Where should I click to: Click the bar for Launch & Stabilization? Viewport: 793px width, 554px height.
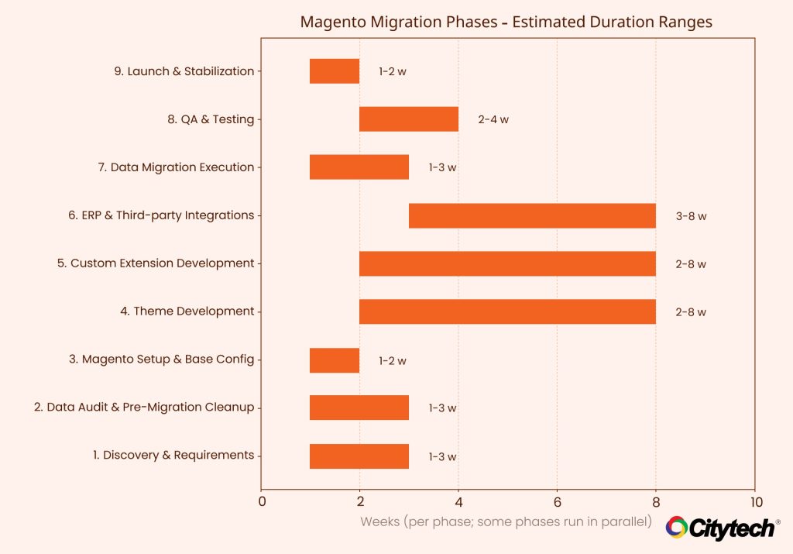[x=335, y=71]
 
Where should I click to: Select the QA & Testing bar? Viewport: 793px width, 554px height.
[x=409, y=119]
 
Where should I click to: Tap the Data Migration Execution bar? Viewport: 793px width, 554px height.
[x=359, y=167]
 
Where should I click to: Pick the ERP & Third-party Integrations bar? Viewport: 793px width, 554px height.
[x=532, y=215]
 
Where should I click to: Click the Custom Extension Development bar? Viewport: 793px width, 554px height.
[x=507, y=263]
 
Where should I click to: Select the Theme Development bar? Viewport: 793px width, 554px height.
[x=507, y=311]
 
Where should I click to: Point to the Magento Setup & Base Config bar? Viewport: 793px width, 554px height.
[x=335, y=360]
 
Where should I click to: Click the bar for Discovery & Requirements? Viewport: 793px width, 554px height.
[x=359, y=456]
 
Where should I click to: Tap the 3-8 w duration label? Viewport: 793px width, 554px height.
[x=691, y=217]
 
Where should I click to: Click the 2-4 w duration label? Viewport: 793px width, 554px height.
[x=493, y=120]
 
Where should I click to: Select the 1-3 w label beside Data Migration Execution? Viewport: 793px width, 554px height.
[x=443, y=168]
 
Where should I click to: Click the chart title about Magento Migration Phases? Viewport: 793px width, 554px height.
[x=506, y=22]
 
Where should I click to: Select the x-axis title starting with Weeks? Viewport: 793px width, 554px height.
[x=506, y=521]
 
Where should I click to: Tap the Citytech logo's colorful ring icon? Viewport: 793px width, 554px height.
[x=676, y=528]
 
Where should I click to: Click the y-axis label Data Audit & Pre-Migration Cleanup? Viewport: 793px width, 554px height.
[x=144, y=408]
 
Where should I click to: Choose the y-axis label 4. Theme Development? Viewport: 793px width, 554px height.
[x=187, y=311]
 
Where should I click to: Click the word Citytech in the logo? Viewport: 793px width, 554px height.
[x=731, y=529]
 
